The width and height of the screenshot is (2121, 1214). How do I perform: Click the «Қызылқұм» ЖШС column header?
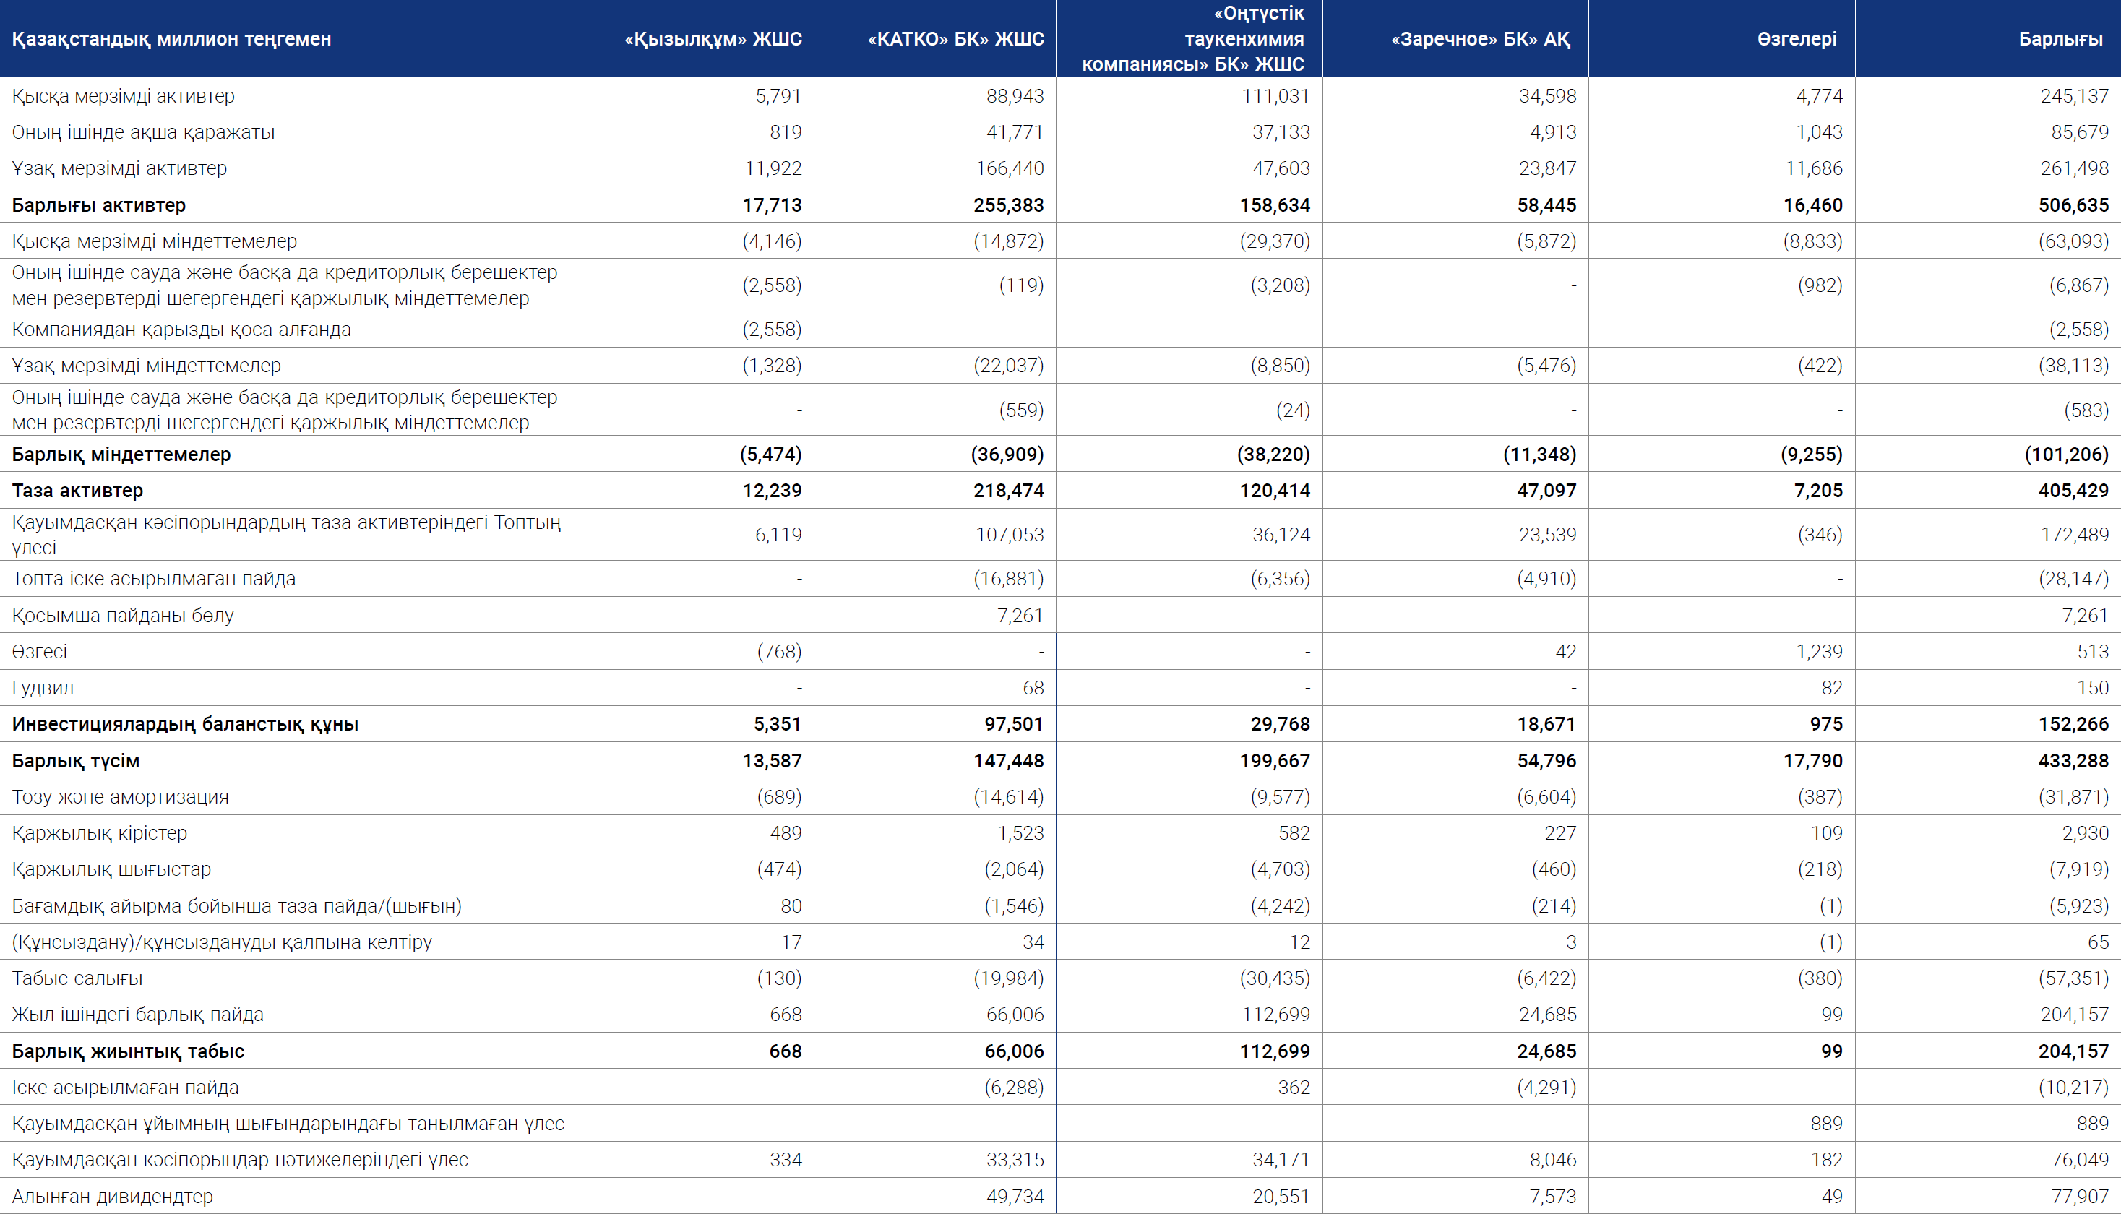pos(713,39)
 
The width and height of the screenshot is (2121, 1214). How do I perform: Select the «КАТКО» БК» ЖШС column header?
pos(955,39)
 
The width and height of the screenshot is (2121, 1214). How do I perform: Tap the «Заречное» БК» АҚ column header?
pos(1481,39)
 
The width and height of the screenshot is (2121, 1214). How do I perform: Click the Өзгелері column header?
pos(1797,39)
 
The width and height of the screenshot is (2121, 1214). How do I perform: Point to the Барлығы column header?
pos(2060,39)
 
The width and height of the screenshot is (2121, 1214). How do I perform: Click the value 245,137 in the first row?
pos(2074,96)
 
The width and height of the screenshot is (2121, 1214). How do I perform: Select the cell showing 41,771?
pos(1015,132)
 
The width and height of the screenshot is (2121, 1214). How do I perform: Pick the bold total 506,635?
pos(2073,205)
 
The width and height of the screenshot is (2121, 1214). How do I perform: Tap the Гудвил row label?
pos(43,688)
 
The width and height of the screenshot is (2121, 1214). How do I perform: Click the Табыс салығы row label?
pos(77,978)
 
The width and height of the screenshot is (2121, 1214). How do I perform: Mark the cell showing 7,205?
pos(1818,490)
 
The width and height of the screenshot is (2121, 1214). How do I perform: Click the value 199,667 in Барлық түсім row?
pos(1275,760)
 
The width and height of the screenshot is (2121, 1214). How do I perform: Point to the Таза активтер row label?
pos(77,490)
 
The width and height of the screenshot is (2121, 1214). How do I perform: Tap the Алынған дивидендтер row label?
pos(113,1197)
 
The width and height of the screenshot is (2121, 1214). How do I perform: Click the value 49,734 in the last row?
pos(1015,1197)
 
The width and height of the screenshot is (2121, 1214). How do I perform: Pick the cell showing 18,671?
pos(1546,724)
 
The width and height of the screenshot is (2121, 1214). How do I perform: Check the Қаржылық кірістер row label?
pos(99,833)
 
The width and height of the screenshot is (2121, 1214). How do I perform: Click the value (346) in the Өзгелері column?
pos(1820,535)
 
